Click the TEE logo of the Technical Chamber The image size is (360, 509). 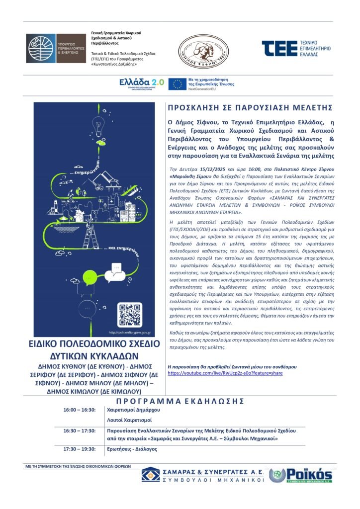pyautogui.click(x=296, y=50)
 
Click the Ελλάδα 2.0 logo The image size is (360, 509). pyautogui.click(x=142, y=84)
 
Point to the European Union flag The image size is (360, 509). pyautogui.click(x=177, y=84)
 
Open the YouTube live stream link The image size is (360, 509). pyautogui.click(x=225, y=373)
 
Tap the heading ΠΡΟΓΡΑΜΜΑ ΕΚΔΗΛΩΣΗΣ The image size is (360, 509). pyautogui.click(x=180, y=401)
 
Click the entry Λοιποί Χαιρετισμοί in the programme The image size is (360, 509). pyautogui.click(x=128, y=420)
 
